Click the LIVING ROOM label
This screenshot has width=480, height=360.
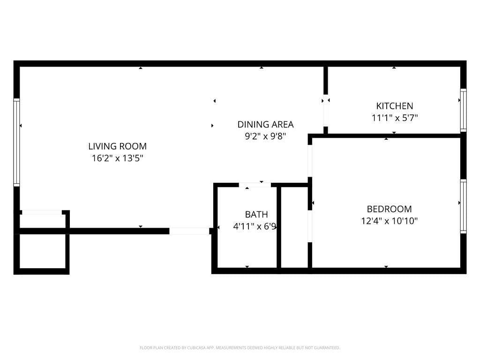[117, 146]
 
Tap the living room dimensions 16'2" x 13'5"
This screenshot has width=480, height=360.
[117, 158]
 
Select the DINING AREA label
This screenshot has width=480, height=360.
[265, 124]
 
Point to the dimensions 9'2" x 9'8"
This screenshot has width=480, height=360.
[265, 136]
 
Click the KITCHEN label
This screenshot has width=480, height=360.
[395, 106]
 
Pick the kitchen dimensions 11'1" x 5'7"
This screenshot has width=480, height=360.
[395, 118]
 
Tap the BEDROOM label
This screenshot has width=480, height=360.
[389, 209]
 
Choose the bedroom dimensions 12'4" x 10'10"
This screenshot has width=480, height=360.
[389, 221]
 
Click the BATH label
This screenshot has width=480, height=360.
[256, 215]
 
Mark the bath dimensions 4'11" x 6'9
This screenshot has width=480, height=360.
[255, 226]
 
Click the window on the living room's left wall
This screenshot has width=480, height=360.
[16, 142]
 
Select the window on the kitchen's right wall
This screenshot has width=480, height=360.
[463, 110]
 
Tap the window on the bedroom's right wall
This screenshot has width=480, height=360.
[463, 206]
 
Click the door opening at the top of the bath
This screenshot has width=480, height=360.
[255, 185]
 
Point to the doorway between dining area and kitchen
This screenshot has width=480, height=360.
[325, 111]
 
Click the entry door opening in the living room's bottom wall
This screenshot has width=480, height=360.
[189, 231]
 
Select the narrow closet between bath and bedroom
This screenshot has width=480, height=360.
[294, 227]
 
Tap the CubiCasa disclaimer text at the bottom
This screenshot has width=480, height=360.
[240, 348]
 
